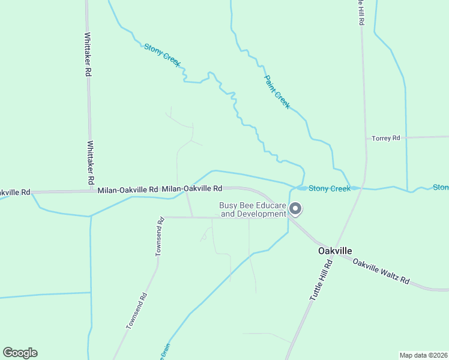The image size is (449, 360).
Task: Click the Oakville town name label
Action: click(x=335, y=250)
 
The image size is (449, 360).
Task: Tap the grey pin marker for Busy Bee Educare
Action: click(x=295, y=209)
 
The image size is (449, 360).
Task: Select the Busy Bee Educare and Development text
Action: click(x=252, y=209)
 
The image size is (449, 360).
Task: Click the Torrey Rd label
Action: click(x=385, y=138)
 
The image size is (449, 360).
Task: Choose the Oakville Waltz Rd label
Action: click(x=381, y=271)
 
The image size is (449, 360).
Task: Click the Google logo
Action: click(x=20, y=353)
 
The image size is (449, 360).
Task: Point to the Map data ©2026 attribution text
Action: click(x=423, y=355)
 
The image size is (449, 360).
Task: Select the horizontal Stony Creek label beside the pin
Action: click(x=330, y=188)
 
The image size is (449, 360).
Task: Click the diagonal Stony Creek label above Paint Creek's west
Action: click(x=162, y=55)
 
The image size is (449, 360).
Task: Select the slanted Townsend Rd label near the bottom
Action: click(x=137, y=311)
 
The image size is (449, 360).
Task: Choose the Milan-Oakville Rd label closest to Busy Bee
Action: click(x=192, y=188)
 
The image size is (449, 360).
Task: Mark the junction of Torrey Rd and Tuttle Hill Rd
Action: click(x=366, y=139)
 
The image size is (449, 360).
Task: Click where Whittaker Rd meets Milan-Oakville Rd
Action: click(x=91, y=191)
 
